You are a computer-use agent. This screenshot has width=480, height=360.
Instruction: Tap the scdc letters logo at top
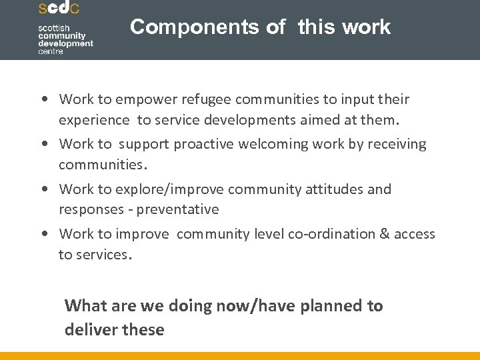click(x=59, y=9)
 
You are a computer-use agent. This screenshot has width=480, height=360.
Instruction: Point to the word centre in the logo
click(x=51, y=51)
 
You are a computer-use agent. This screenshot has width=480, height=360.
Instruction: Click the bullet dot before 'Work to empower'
click(x=43, y=100)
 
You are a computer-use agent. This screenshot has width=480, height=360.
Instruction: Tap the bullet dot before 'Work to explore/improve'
click(x=43, y=190)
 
